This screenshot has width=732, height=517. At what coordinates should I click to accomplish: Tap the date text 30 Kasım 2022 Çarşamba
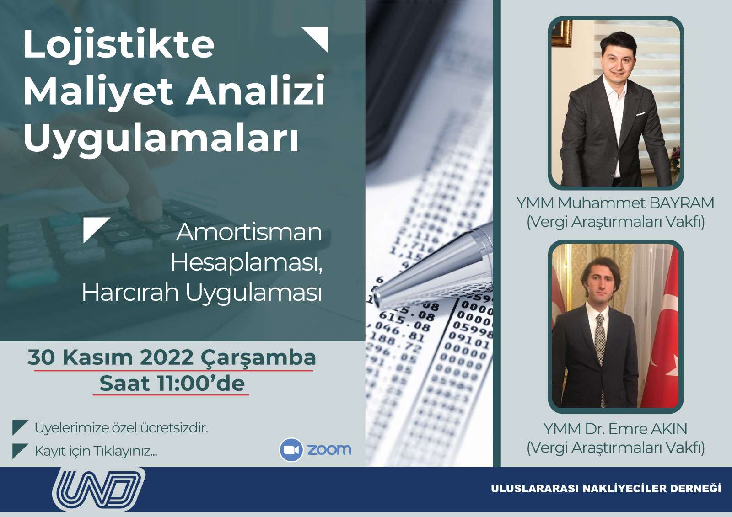click(172, 357)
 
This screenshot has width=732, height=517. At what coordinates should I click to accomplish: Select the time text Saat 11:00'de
click(172, 383)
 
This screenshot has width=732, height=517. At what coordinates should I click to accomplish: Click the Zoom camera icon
click(291, 450)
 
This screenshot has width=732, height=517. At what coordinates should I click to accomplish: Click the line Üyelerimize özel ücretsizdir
click(121, 428)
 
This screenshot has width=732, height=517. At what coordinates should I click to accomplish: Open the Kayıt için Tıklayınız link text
click(96, 451)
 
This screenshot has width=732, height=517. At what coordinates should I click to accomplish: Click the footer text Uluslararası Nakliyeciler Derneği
click(606, 489)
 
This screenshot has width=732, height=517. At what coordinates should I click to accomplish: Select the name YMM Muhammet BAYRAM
click(615, 203)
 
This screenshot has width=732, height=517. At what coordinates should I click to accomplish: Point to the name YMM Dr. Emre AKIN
click(615, 429)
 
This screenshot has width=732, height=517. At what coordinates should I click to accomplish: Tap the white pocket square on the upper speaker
click(640, 114)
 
